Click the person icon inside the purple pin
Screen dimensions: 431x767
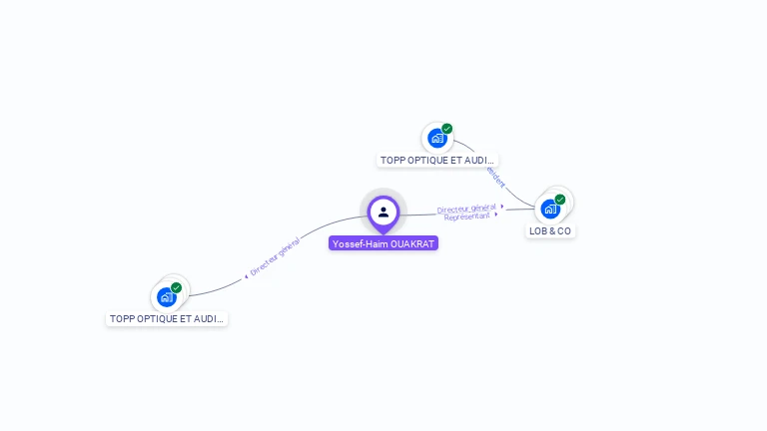(x=383, y=212)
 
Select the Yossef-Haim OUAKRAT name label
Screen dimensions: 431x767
(x=383, y=242)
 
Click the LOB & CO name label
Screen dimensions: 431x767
(x=550, y=230)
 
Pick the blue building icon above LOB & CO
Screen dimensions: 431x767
(x=549, y=209)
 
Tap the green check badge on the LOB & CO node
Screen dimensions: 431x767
(x=560, y=200)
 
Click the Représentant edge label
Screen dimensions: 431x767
(x=466, y=216)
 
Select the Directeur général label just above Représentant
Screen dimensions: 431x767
(x=466, y=208)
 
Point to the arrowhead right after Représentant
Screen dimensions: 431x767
(x=496, y=215)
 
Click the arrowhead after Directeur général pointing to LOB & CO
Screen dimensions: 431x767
(x=502, y=206)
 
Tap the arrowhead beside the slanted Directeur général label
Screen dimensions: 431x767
(x=246, y=275)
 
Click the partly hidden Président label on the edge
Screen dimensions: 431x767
(x=495, y=177)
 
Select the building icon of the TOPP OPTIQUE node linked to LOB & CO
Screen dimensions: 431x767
(x=436, y=138)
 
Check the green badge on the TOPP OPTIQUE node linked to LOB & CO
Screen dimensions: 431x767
(x=447, y=129)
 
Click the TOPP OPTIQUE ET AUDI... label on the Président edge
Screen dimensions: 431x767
(x=437, y=160)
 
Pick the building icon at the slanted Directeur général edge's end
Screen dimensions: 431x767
(x=166, y=296)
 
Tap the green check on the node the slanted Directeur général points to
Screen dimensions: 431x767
(x=177, y=287)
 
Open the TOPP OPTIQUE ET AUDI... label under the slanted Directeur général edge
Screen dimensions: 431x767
(x=167, y=318)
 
